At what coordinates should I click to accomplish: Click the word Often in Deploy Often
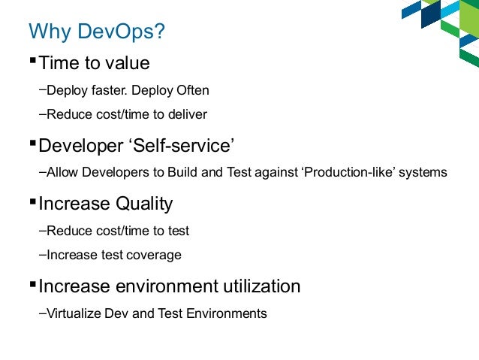pos(193,91)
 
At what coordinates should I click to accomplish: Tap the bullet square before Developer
pos(32,140)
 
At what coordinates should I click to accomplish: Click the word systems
pos(423,172)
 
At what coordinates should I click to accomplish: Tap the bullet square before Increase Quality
pos(32,200)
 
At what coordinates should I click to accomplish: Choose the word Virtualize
pos(75,313)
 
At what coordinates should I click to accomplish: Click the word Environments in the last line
pos(229,313)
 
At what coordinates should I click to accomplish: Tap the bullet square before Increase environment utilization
pos(32,283)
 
